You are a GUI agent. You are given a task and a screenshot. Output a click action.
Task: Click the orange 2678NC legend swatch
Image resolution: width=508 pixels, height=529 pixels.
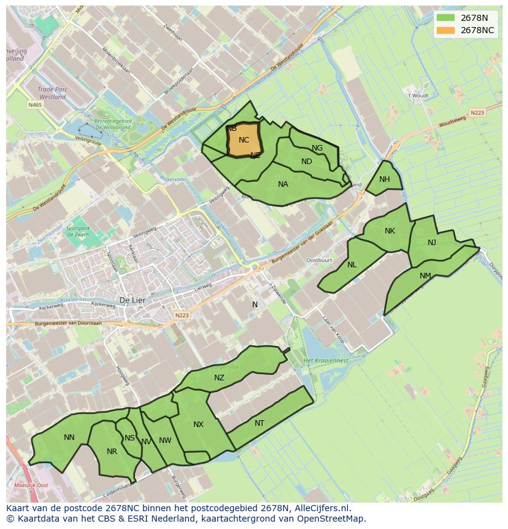[446, 30]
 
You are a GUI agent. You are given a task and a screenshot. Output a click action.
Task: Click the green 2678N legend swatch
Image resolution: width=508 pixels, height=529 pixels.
[446, 18]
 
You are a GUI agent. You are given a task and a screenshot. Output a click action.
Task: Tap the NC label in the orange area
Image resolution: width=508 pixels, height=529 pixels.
[244, 140]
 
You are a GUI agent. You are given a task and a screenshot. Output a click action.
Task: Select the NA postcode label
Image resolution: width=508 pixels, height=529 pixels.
[283, 184]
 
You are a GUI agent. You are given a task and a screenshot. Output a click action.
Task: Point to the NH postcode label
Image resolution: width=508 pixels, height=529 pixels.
[384, 179]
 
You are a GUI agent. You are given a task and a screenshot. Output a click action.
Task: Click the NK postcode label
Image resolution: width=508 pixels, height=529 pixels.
[390, 231]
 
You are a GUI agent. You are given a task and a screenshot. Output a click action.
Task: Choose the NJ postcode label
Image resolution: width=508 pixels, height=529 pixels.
[432, 243]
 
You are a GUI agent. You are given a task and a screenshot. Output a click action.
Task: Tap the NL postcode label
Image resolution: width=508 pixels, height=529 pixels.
[352, 265]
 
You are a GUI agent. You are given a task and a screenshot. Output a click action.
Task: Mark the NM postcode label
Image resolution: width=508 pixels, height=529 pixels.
[425, 276]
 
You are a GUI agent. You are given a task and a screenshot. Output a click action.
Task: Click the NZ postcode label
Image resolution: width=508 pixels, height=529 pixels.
[219, 378]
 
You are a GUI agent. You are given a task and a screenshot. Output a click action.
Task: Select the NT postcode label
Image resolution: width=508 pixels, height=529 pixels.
[260, 423]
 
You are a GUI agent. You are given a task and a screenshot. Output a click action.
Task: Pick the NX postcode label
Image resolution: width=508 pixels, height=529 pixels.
[198, 425]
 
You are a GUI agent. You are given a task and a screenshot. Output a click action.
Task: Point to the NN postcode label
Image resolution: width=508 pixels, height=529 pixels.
[69, 437]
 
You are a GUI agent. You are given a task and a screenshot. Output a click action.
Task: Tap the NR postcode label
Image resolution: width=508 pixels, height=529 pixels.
[112, 452]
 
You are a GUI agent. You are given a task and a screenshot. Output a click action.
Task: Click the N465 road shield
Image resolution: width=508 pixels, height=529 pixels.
[35, 106]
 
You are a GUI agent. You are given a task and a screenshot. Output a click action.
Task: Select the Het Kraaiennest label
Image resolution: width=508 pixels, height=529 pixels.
[326, 361]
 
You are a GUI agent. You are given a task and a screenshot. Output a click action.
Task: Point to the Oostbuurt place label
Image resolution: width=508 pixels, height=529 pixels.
[318, 260]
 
